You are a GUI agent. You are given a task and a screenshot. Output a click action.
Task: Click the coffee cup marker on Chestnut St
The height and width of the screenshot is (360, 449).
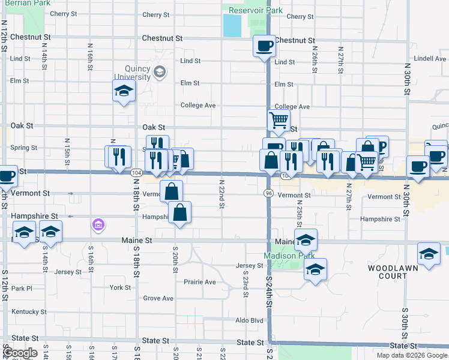(x=264, y=46)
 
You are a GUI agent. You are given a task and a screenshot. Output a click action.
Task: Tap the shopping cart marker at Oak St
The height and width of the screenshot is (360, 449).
(x=279, y=121)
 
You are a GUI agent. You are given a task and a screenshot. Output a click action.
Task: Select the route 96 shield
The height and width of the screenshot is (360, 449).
(x=268, y=193)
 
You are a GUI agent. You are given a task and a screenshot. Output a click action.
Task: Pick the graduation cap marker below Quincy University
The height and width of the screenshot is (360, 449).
(x=124, y=91)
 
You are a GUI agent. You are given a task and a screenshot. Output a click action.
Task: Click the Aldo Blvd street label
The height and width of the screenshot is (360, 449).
(x=249, y=320)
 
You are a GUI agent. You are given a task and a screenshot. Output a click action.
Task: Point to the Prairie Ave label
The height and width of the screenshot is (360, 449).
(x=200, y=281)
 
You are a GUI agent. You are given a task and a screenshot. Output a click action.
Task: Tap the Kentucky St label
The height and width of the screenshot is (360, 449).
(x=28, y=312)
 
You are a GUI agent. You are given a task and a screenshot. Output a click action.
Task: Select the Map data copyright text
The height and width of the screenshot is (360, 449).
(x=411, y=355)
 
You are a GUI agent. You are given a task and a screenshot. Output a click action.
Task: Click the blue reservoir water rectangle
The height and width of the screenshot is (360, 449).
(x=232, y=25)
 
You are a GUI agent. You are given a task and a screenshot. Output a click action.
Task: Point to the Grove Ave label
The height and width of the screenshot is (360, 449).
(x=158, y=298)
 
